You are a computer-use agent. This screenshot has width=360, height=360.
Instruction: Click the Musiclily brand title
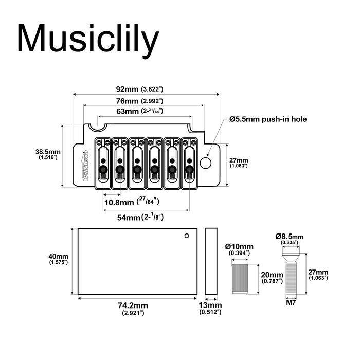(x=88, y=39)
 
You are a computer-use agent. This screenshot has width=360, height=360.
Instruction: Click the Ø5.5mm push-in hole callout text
(x=268, y=119)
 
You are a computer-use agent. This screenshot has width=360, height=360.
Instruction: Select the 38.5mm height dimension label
(x=47, y=154)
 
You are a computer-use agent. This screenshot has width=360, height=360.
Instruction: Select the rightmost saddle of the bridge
(x=189, y=159)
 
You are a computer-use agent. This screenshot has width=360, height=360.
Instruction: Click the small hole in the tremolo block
(x=186, y=236)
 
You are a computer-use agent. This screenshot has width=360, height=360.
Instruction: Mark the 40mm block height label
(x=58, y=259)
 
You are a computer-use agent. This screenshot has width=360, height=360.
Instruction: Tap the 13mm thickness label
(x=211, y=308)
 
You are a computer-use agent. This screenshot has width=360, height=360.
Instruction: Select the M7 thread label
(x=290, y=303)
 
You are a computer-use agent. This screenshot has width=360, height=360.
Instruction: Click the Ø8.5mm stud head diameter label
(x=290, y=238)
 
